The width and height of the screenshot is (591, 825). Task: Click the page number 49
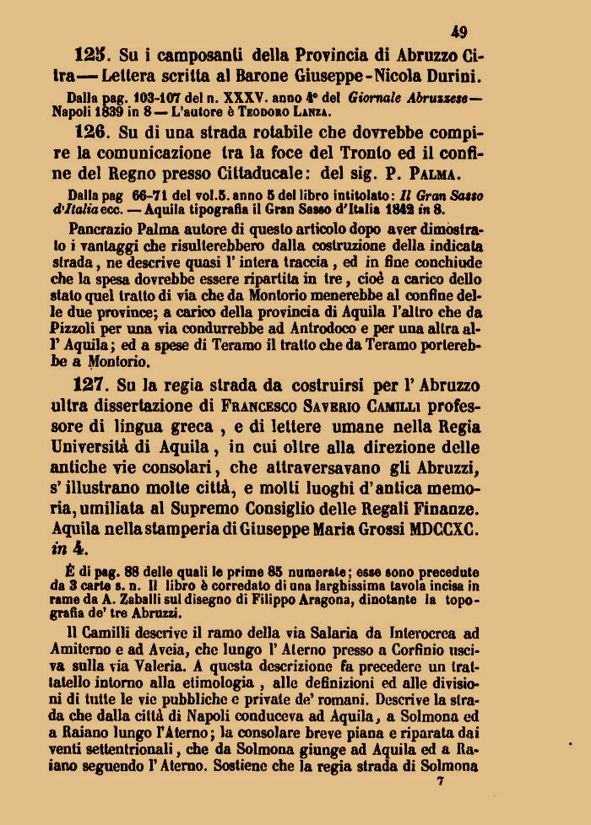click(459, 33)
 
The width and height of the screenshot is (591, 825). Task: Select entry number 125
click(89, 56)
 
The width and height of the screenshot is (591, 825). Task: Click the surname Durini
click(449, 77)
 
